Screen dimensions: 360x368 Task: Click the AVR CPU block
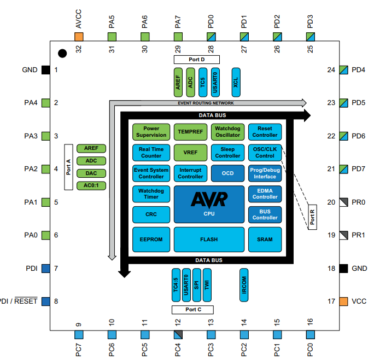click(209, 204)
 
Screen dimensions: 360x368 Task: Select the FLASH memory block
click(209, 239)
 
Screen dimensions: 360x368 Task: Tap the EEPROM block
click(150, 239)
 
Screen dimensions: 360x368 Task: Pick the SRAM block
click(265, 239)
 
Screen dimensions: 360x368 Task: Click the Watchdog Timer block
click(150, 194)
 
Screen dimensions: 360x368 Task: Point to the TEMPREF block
click(190, 131)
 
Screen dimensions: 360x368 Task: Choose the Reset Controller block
click(265, 131)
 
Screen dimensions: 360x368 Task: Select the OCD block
click(227, 173)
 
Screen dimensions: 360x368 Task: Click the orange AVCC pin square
click(79, 37)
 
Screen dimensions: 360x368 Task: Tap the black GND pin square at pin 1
click(45, 70)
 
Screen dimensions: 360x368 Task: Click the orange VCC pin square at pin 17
click(344, 301)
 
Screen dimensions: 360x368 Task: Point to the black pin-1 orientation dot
click(63, 53)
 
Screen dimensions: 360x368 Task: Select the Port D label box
click(196, 59)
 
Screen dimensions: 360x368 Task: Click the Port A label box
click(69, 167)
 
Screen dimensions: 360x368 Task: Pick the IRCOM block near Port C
click(244, 284)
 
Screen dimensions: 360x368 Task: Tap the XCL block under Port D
click(236, 82)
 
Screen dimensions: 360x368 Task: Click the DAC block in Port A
click(91, 173)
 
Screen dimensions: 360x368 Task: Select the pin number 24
click(330, 70)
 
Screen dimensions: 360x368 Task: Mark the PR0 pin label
click(358, 202)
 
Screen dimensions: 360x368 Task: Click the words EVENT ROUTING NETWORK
click(206, 103)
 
